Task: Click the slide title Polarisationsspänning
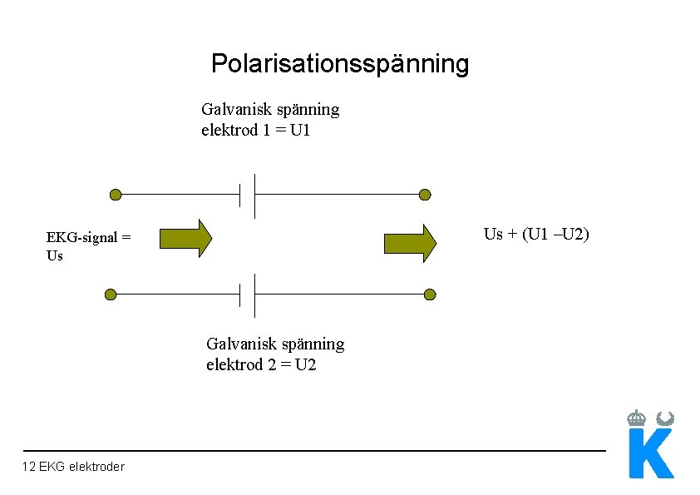pos(339,63)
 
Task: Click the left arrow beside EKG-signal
pos(185,239)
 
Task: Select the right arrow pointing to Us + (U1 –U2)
pos(410,243)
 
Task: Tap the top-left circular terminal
pos(116,195)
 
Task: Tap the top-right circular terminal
pos(425,195)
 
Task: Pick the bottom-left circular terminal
pos(111,295)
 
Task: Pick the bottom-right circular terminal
pos(430,295)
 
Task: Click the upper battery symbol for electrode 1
pos(248,195)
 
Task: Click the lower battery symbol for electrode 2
pos(248,295)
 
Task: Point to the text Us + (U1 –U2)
pos(536,234)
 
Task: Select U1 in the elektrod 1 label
pos(300,131)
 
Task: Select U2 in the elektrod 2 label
pos(305,365)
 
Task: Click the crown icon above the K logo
pos(637,418)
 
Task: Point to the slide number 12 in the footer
pos(29,467)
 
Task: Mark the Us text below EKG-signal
pos(55,255)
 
